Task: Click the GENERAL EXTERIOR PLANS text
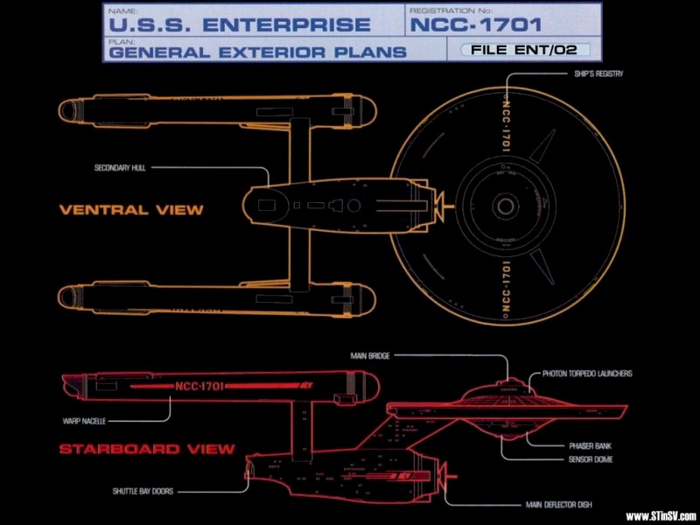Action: pos(257,52)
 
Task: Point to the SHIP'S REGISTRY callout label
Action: pos(598,74)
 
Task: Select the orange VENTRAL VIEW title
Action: pos(131,210)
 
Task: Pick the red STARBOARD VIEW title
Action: pos(147,450)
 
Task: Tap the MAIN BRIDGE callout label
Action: pos(367,356)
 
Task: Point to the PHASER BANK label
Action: pos(577,445)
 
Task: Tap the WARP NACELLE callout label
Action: pos(84,421)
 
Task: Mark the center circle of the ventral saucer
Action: pos(506,206)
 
